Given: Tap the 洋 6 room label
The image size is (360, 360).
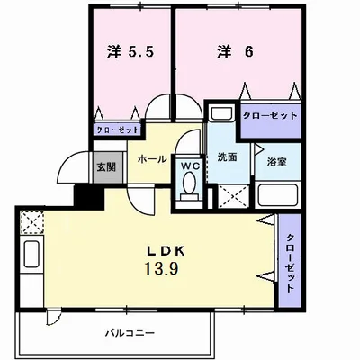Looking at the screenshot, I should [x=233, y=52].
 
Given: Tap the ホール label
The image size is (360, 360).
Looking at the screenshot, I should [x=150, y=157].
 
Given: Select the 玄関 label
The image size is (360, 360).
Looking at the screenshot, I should [x=104, y=167].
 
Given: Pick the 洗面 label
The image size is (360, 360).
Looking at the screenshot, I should [x=227, y=157].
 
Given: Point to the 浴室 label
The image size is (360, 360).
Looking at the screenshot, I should [x=276, y=162].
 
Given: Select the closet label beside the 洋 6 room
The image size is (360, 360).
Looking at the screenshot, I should [x=269, y=116].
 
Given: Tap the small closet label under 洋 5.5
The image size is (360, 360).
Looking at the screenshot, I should [x=117, y=130].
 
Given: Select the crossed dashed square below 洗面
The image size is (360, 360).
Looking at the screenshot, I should [x=229, y=194].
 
